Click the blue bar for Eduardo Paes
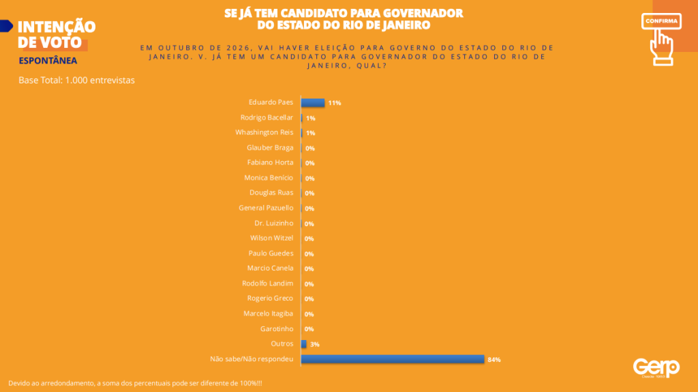pyautogui.click(x=313, y=102)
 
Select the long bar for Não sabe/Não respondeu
pyautogui.click(x=393, y=359)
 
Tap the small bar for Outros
pyautogui.click(x=304, y=344)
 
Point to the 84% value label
pyautogui.click(x=494, y=359)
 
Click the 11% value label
pyautogui.click(x=334, y=103)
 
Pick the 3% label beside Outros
pyautogui.click(x=315, y=344)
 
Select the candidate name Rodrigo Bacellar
pyautogui.click(x=267, y=117)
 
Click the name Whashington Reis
pyautogui.click(x=264, y=132)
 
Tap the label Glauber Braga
pyautogui.click(x=270, y=148)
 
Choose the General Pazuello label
pyautogui.click(x=266, y=208)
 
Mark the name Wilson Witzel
pyautogui.click(x=271, y=238)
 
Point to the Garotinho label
pyautogui.click(x=276, y=328)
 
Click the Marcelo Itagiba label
pyautogui.click(x=268, y=313)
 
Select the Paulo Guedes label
pyautogui.click(x=271, y=253)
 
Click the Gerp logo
pyautogui.click(x=656, y=367)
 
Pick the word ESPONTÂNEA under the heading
pyautogui.click(x=48, y=60)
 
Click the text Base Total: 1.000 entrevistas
pyautogui.click(x=76, y=80)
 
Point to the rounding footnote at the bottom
pyautogui.click(x=135, y=382)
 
